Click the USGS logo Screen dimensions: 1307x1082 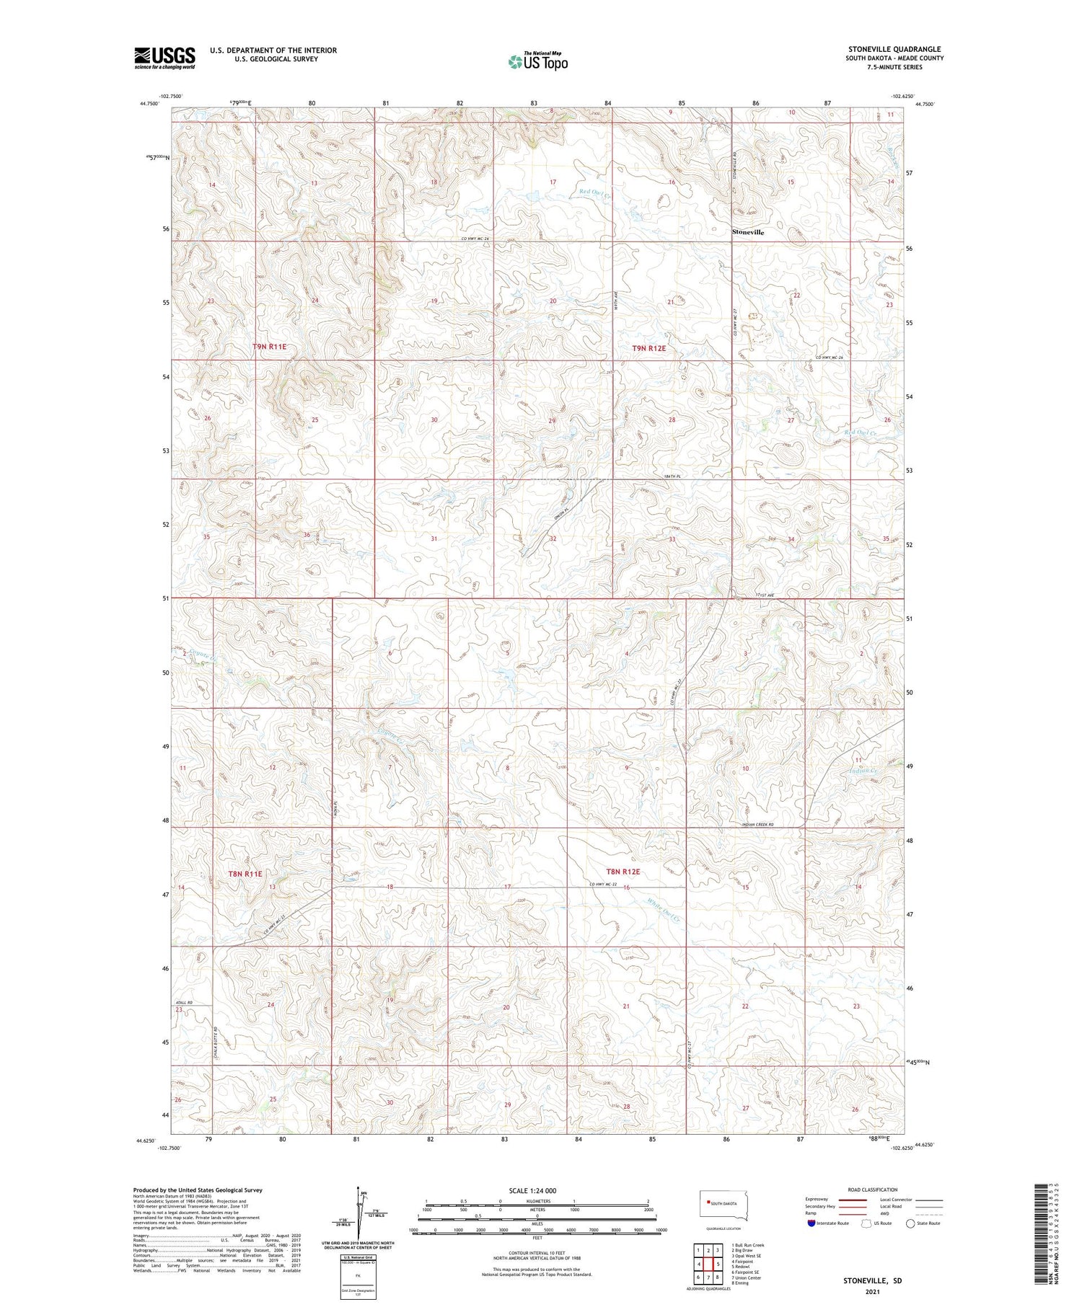(x=164, y=58)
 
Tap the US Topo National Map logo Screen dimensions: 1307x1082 (x=537, y=61)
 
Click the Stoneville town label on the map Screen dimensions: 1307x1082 (x=748, y=232)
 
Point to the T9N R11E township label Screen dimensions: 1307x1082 (x=269, y=347)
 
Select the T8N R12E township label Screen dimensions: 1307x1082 (x=623, y=872)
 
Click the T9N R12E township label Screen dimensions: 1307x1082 (x=648, y=348)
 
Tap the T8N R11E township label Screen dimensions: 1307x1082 (x=245, y=874)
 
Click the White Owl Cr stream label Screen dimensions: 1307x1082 (x=665, y=912)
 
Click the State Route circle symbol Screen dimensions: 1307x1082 (x=910, y=1223)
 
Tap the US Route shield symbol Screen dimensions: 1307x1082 (x=866, y=1223)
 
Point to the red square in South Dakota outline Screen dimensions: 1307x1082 (x=708, y=1202)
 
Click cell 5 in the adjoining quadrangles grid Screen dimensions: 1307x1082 (x=718, y=1264)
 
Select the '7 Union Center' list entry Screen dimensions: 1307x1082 (x=746, y=1277)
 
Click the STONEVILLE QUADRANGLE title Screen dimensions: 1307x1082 (x=894, y=49)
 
